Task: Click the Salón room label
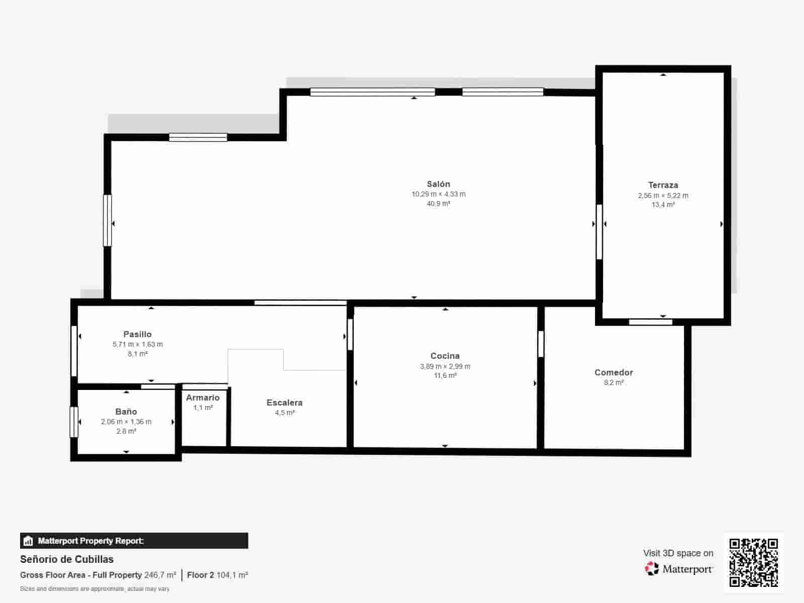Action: [438, 184]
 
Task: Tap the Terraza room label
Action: [663, 185]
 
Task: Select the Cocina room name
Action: [445, 356]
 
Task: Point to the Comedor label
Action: [614, 372]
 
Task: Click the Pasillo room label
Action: [137, 334]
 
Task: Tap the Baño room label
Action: [126, 412]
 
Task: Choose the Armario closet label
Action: [203, 397]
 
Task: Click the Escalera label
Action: [284, 403]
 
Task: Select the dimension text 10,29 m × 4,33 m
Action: [438, 194]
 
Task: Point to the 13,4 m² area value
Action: [663, 205]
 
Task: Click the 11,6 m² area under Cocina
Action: [445, 376]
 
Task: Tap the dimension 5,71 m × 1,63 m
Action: [137, 344]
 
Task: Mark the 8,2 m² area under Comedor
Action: [614, 382]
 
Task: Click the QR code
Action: [753, 562]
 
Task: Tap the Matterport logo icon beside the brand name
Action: [652, 569]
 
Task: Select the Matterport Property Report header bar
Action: [134, 541]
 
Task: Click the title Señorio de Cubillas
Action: [67, 559]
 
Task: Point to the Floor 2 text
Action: [200, 575]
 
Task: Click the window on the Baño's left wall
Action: [74, 422]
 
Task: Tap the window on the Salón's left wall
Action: [107, 221]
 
